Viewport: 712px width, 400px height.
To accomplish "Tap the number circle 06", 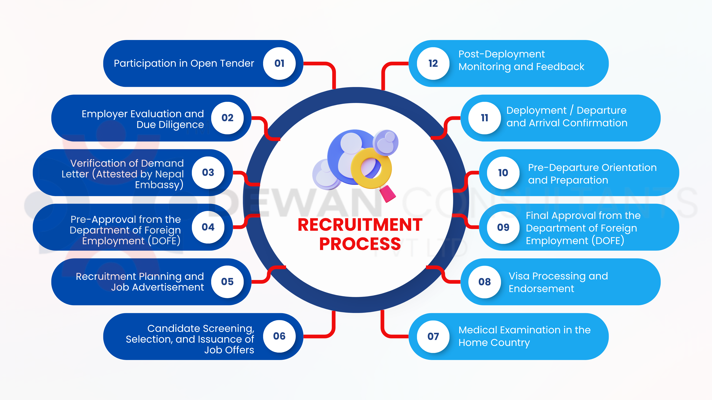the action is pos(279,336).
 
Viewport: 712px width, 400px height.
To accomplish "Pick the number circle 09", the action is pos(503,227).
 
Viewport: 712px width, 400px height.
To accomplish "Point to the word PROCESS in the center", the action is pos(360,244).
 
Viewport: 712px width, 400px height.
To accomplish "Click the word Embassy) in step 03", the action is pos(159,185).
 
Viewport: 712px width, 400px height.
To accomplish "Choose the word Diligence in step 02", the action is pos(170,125).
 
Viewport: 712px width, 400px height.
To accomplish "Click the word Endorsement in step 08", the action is pos(541,289).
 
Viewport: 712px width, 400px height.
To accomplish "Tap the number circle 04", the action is pos(208,227).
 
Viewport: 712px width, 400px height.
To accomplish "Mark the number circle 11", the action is pos(484,118).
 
